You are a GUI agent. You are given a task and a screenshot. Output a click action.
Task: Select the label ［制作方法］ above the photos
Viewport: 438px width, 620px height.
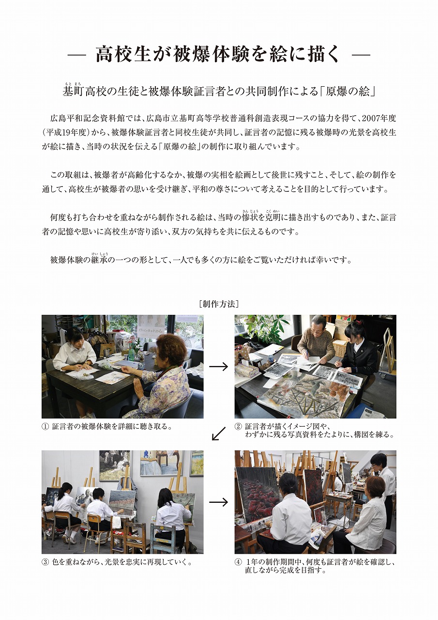(x=218, y=304)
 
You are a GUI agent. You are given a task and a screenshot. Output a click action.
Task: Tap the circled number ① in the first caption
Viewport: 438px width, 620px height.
(x=45, y=427)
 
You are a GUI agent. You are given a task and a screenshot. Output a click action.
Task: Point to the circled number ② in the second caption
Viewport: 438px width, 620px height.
(x=238, y=427)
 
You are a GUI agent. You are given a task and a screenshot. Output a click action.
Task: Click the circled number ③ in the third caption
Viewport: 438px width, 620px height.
(x=45, y=562)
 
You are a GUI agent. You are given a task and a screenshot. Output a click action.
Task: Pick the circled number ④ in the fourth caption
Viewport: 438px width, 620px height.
(x=238, y=562)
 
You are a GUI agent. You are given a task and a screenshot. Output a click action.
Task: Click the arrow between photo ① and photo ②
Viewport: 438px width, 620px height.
(x=218, y=367)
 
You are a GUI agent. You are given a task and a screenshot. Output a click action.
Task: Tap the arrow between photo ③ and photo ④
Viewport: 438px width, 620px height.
(x=218, y=502)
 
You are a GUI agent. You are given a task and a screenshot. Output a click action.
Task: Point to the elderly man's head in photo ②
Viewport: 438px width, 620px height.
(x=318, y=324)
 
